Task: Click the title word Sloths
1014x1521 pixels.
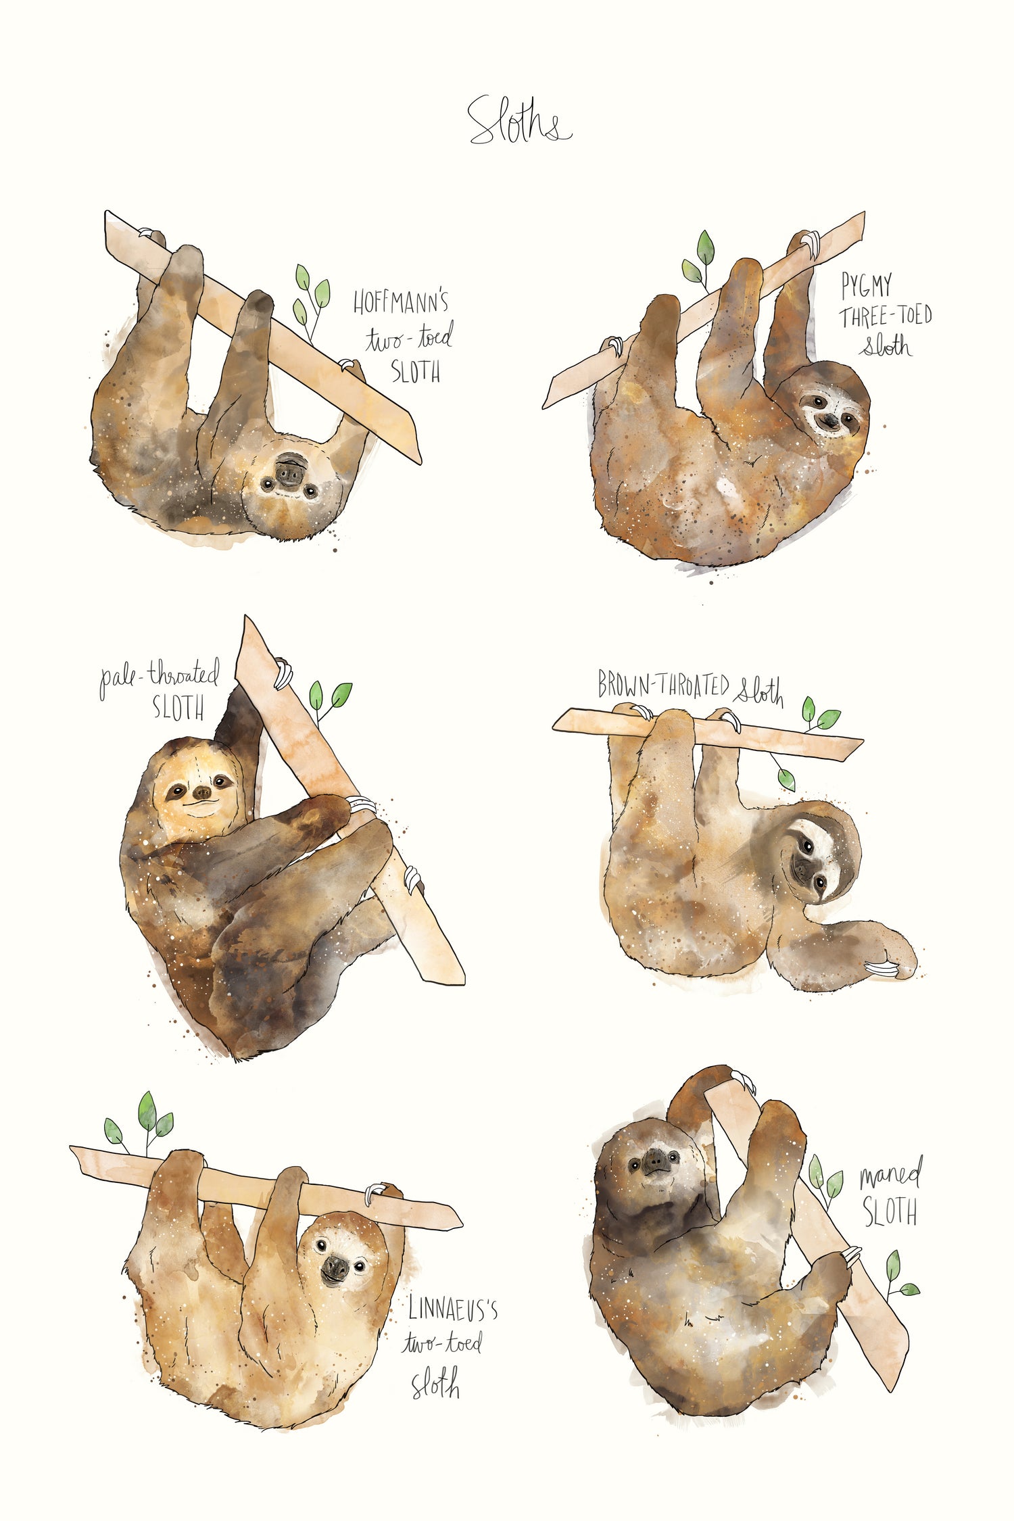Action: coord(519,122)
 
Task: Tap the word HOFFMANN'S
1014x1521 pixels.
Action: coord(400,302)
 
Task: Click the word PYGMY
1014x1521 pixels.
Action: coord(866,285)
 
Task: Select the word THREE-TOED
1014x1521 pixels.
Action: coord(886,316)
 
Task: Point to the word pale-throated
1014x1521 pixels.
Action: coord(160,677)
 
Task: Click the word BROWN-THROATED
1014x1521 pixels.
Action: coord(663,685)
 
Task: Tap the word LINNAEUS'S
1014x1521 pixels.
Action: coord(453,1310)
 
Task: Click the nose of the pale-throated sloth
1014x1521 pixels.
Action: coord(202,791)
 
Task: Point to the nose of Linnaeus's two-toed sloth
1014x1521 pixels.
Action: coord(335,1265)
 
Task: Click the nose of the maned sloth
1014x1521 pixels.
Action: coord(654,1160)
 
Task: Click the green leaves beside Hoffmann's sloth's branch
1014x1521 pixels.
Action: coord(310,297)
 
